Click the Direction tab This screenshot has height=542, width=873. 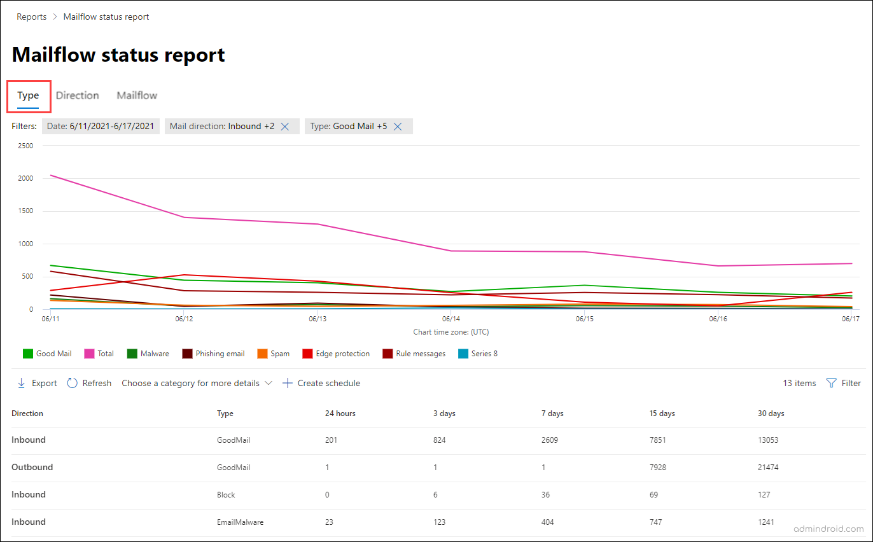(77, 95)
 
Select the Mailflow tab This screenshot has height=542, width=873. (137, 95)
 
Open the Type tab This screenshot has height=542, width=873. (28, 95)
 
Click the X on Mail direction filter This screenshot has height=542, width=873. (285, 127)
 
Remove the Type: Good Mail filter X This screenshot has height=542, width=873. (398, 127)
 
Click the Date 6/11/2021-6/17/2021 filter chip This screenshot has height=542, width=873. (101, 127)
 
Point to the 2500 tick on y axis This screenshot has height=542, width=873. (25, 146)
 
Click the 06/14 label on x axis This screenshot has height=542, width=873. (450, 319)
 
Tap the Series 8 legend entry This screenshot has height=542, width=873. (478, 354)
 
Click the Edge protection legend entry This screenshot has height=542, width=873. (336, 354)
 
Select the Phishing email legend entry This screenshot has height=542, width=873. (213, 354)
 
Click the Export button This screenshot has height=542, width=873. (37, 383)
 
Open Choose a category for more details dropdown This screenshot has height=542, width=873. (197, 383)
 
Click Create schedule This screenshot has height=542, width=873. (321, 383)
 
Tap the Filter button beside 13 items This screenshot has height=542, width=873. (844, 383)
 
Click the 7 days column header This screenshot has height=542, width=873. (554, 413)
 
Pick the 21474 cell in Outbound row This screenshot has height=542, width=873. (768, 467)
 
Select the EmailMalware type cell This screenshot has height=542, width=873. (240, 522)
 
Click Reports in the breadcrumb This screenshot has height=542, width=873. (32, 17)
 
